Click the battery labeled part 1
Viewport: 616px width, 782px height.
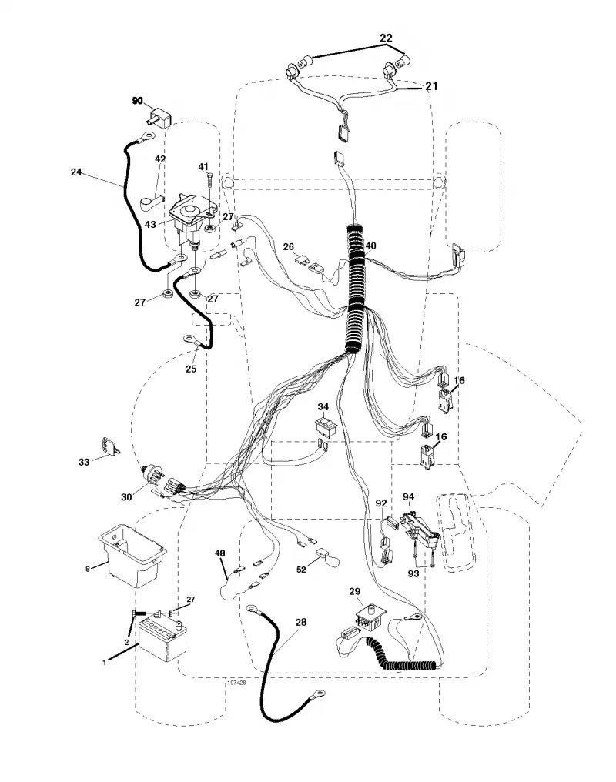[163, 639]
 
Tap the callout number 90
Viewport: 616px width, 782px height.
[137, 101]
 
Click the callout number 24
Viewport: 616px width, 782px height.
[75, 172]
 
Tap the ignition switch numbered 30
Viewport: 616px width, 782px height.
[152, 474]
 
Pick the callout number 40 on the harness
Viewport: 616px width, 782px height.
[370, 246]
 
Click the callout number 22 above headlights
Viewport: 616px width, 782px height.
[386, 38]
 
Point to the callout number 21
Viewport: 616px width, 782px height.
[431, 86]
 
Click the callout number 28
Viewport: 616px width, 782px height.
[301, 622]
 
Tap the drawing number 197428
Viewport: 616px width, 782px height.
[236, 683]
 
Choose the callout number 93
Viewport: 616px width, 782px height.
[413, 573]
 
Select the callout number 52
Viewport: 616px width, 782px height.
[301, 569]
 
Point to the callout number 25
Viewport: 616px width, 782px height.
[191, 369]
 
